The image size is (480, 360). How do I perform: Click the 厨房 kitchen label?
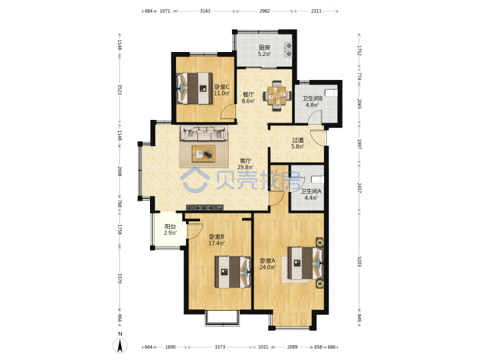(265, 47)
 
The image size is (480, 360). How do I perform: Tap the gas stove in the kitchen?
(288, 50)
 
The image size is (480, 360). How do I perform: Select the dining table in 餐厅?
(277, 95)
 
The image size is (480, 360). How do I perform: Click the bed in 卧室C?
(195, 89)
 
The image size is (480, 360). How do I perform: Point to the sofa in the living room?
(203, 133)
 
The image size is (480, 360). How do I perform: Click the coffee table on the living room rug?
(203, 154)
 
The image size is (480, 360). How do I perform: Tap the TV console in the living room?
(205, 207)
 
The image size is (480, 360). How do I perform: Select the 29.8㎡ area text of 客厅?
(245, 167)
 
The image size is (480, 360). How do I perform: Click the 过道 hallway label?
(298, 140)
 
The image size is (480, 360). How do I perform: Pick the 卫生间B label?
(312, 99)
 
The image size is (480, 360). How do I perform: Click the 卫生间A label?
(311, 191)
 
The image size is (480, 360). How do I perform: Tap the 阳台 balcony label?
(170, 227)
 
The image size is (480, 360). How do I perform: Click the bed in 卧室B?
(233, 272)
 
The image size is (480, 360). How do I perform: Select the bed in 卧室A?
(305, 263)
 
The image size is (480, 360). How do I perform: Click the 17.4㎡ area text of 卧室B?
(217, 243)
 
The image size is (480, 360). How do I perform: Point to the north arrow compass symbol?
(120, 346)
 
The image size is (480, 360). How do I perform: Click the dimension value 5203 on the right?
(359, 261)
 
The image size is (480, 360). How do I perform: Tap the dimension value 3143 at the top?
(205, 11)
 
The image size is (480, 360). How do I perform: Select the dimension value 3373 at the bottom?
(220, 347)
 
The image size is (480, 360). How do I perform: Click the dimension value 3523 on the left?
(120, 90)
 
